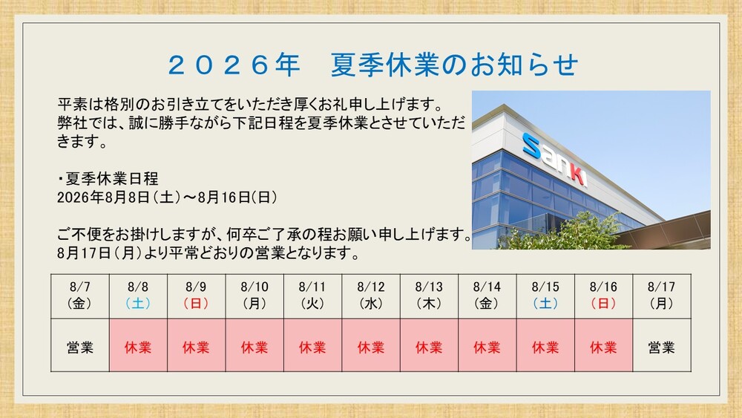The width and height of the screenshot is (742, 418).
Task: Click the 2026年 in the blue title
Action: tap(234, 65)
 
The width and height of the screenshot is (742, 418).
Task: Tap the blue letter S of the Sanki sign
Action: tap(531, 146)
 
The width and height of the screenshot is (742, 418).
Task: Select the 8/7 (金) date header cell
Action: tap(80, 295)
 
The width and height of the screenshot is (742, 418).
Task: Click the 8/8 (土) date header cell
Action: tap(138, 295)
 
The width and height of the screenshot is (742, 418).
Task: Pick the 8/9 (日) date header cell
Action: tap(197, 295)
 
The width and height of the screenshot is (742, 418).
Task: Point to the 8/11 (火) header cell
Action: tap(313, 295)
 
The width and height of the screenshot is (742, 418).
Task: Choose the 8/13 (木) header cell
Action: tap(429, 295)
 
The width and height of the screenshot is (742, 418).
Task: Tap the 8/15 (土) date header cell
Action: tap(545, 295)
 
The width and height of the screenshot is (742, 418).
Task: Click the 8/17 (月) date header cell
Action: tap(662, 295)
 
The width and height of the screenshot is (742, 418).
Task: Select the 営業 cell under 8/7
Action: tap(80, 345)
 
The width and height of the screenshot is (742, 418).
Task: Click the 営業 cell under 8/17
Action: tap(662, 345)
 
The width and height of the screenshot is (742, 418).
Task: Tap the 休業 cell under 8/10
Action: tap(255, 345)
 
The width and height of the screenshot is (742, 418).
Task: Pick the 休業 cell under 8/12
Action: tap(371, 345)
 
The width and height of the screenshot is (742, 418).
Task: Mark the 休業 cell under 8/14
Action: tap(487, 345)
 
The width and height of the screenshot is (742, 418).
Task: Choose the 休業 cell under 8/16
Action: tap(604, 345)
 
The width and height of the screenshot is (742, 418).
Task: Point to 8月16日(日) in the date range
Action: tap(238, 197)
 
